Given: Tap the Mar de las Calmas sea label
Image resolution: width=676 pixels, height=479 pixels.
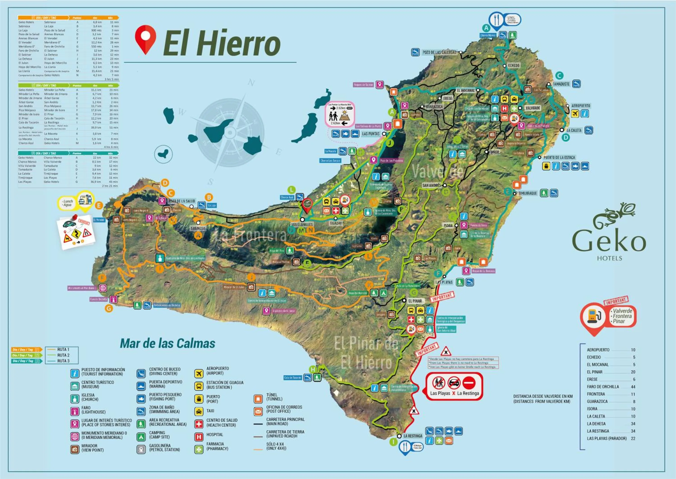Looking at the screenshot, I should (167, 343).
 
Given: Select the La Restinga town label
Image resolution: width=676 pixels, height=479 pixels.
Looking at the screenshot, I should (413, 436).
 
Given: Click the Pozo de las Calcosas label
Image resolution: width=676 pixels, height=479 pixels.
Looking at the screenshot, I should (439, 52).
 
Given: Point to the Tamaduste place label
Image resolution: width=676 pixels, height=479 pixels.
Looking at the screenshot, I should (561, 84).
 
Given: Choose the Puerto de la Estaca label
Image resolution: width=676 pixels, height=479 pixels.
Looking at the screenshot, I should (559, 157).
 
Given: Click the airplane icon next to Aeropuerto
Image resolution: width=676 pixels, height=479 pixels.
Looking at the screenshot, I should (575, 114).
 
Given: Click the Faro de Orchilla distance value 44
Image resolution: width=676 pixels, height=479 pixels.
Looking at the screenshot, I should (633, 387).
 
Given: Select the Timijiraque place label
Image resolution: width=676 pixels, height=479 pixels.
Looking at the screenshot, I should (528, 193).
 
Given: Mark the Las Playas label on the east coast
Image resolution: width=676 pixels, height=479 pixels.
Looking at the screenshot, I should (444, 282).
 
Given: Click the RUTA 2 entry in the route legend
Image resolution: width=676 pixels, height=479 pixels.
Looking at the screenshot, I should (63, 355).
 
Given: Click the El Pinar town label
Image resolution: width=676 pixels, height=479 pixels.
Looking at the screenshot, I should (415, 301).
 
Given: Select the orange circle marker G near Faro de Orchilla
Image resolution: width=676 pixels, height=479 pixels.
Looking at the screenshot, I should (109, 309).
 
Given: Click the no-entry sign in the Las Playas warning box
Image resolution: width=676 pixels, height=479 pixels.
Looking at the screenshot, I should (469, 383).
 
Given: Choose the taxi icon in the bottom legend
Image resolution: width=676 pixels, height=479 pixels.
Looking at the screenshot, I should (199, 411).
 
